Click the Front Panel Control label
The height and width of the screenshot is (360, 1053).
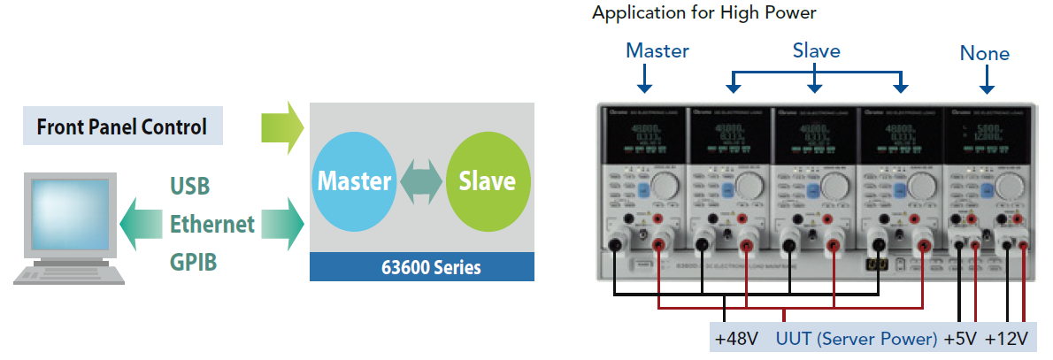click(x=122, y=127)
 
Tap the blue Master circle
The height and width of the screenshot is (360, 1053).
click(x=354, y=181)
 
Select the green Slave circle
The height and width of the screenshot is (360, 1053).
click(x=488, y=181)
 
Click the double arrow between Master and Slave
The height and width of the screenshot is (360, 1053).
click(x=421, y=181)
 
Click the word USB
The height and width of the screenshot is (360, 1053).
click(x=189, y=187)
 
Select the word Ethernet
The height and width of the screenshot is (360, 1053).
click(x=212, y=224)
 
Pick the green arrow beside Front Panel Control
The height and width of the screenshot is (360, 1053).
click(x=282, y=126)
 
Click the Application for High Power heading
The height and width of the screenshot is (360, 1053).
click(x=703, y=13)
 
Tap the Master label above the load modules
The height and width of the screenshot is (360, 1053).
click(x=657, y=50)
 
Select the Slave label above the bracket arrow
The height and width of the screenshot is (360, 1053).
click(x=816, y=50)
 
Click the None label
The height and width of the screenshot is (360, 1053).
click(x=984, y=54)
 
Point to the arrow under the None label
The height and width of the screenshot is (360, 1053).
click(x=985, y=81)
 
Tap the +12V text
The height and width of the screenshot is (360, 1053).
click(x=1006, y=339)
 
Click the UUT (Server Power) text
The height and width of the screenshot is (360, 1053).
click(x=856, y=339)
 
